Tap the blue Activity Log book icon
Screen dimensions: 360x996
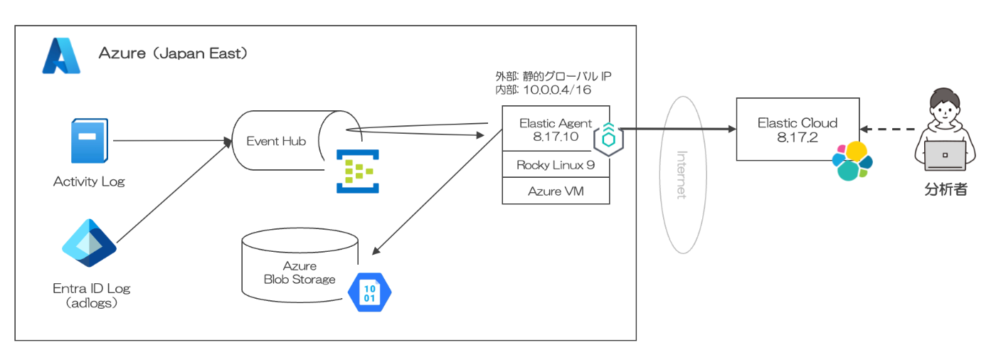pyautogui.click(x=89, y=141)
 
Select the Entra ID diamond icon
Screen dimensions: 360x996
pyautogui.click(x=89, y=243)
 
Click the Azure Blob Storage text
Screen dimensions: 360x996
pyautogui.click(x=300, y=272)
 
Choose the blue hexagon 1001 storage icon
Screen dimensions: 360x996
pyautogui.click(x=370, y=292)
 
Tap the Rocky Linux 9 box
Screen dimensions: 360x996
pyautogui.click(x=556, y=165)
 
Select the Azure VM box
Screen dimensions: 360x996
pyautogui.click(x=556, y=191)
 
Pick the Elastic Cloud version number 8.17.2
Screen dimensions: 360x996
pyautogui.click(x=797, y=136)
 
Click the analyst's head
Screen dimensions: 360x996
pyautogui.click(x=945, y=108)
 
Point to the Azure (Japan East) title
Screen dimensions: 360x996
pyautogui.click(x=173, y=53)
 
